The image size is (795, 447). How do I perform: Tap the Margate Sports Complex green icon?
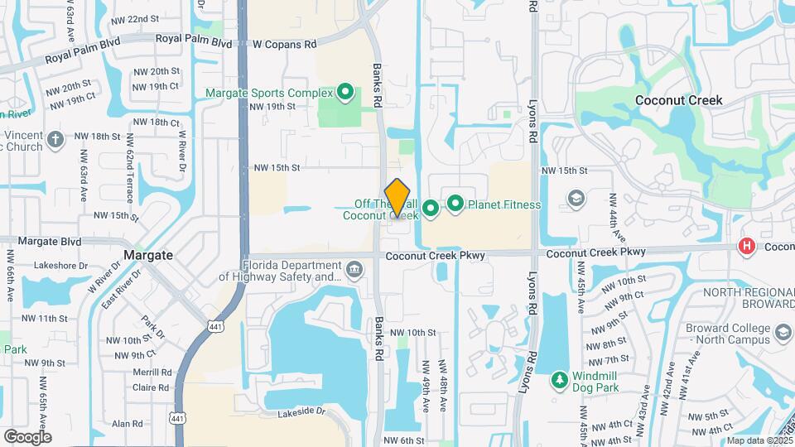click(346, 93)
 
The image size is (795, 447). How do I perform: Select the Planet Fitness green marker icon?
click(455, 203)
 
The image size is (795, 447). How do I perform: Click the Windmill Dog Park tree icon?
click(560, 380)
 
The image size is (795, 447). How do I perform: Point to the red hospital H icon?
click(747, 246)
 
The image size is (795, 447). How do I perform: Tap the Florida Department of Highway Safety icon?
click(354, 268)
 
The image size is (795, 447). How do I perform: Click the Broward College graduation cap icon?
click(782, 334)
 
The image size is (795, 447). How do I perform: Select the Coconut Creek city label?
click(678, 100)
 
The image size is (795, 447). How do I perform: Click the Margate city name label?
click(148, 255)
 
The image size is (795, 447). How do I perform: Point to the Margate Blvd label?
click(49, 241)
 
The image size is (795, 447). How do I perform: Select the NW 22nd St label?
click(133, 18)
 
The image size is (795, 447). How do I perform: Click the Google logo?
click(27, 436)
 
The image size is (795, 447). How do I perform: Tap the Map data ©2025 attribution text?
click(758, 440)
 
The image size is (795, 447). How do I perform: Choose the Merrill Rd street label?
click(152, 372)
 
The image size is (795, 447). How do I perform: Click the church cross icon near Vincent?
click(55, 138)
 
